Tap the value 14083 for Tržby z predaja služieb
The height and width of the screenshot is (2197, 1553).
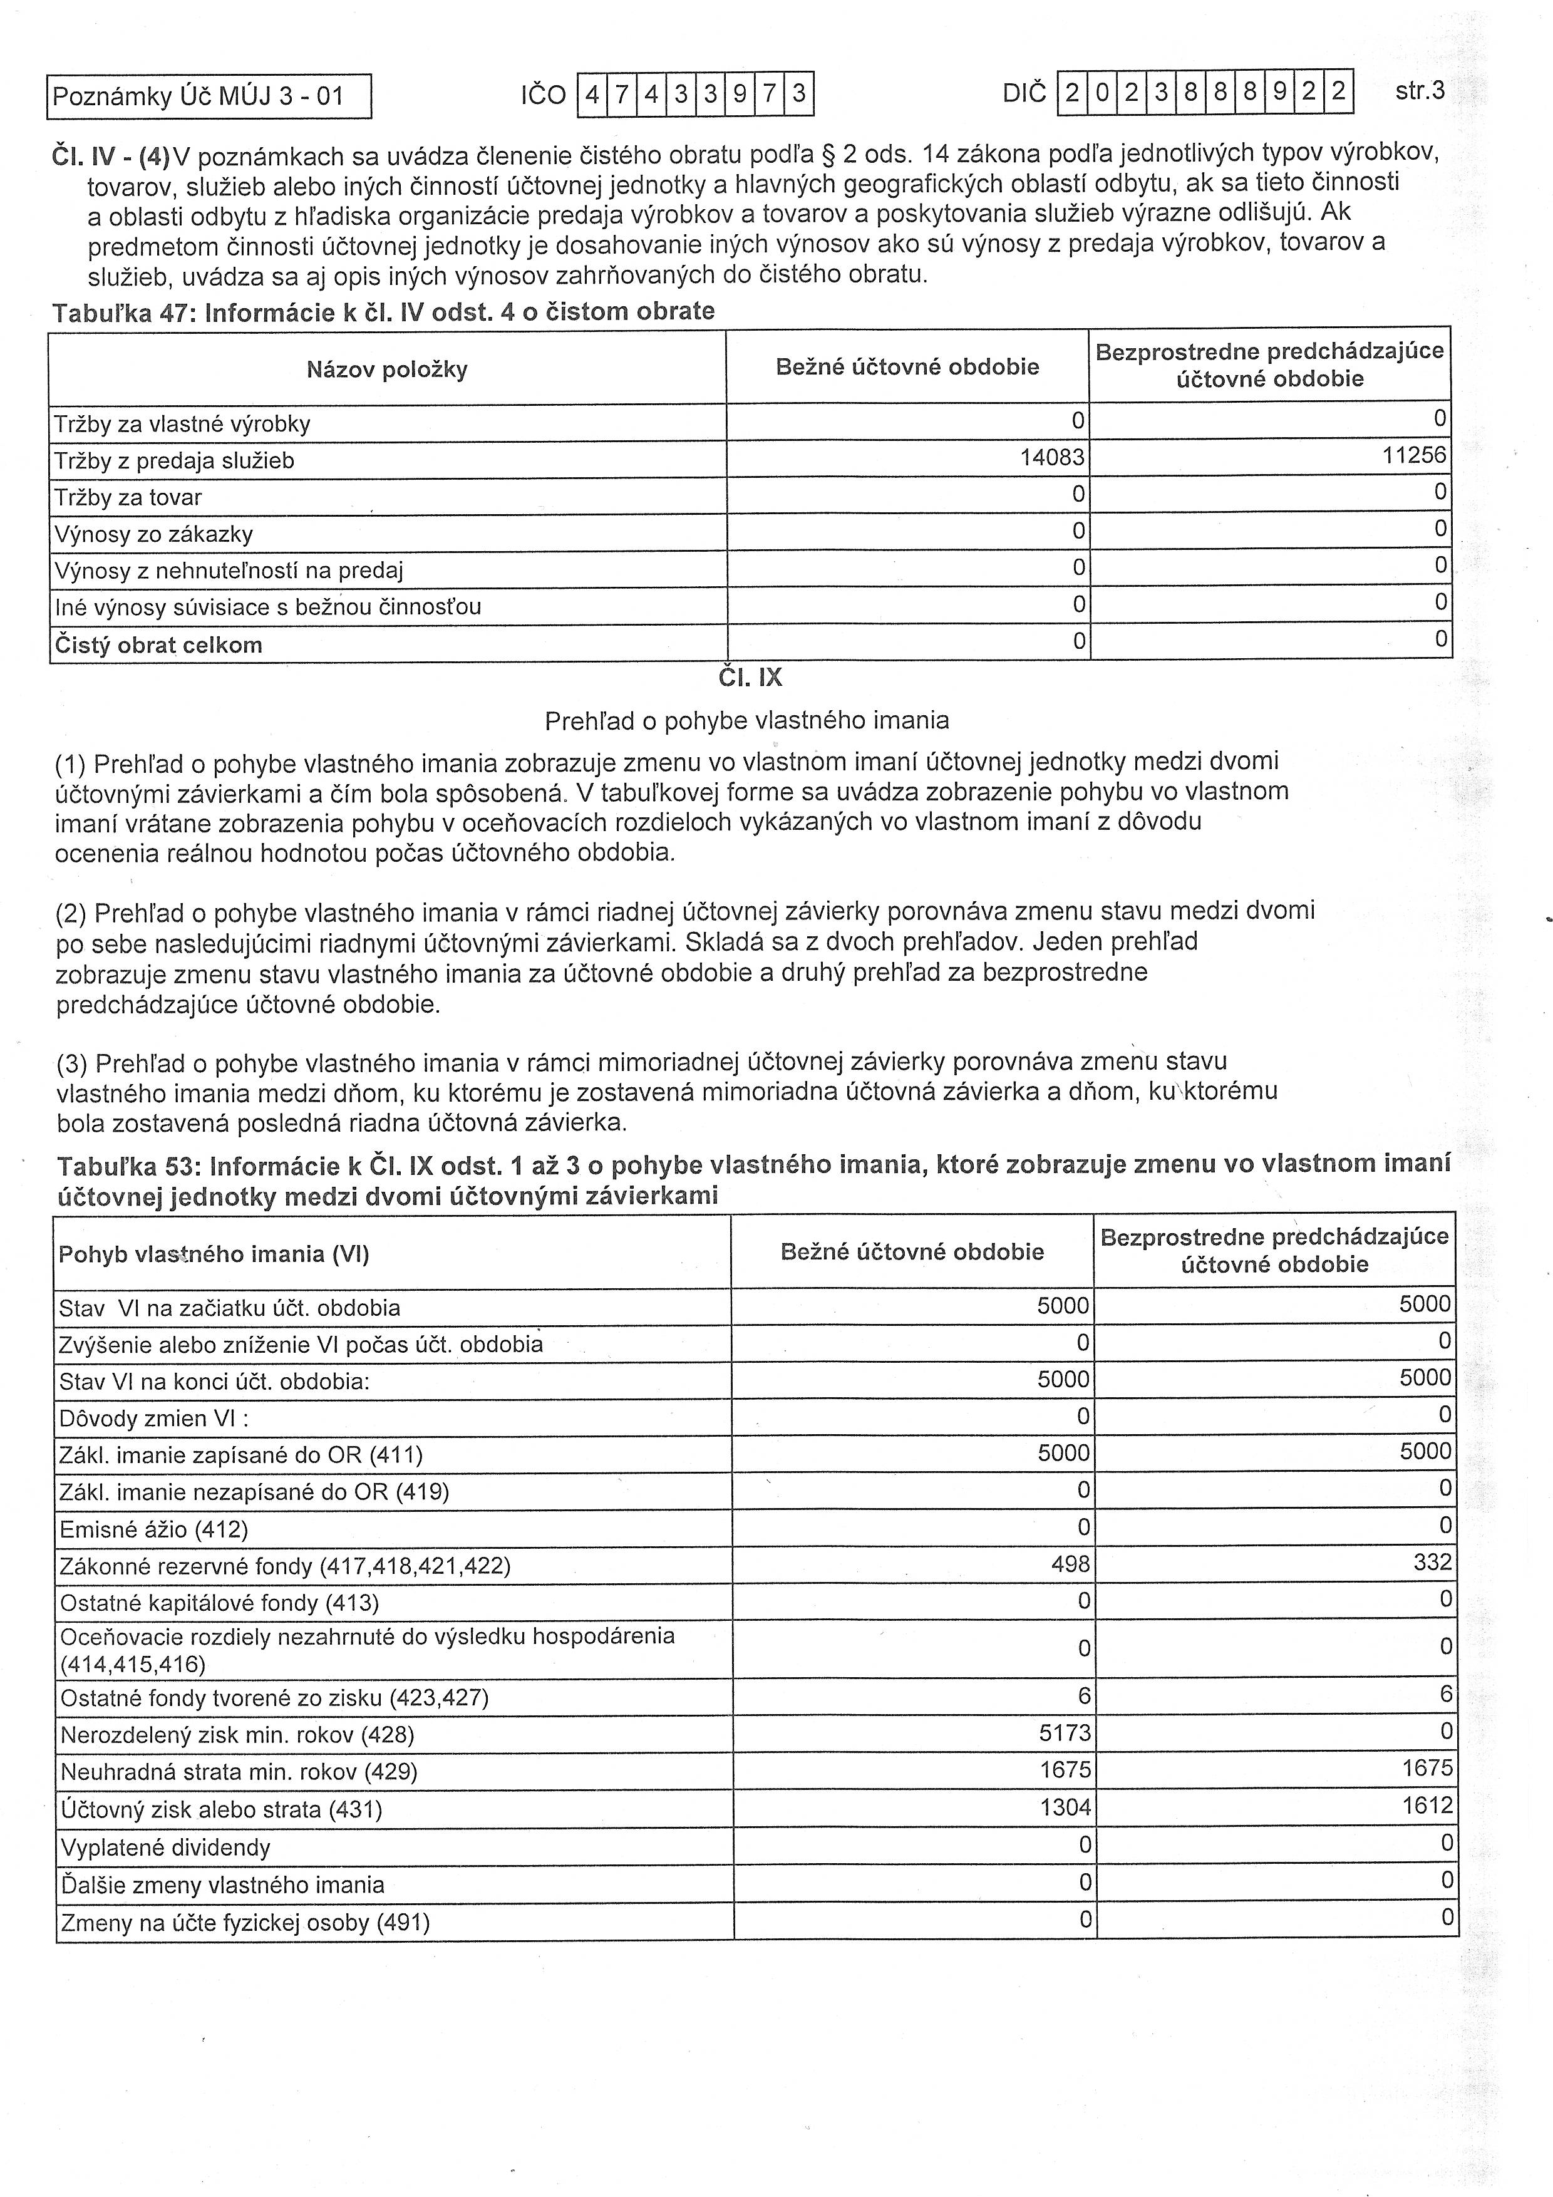pyautogui.click(x=1053, y=458)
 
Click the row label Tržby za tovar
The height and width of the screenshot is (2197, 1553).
pyautogui.click(x=128, y=497)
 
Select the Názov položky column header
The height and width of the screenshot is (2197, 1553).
pyautogui.click(x=386, y=370)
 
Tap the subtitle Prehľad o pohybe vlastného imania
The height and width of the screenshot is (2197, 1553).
pyautogui.click(x=746, y=720)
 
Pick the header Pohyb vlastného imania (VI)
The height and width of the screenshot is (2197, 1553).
pyautogui.click(x=214, y=1254)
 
